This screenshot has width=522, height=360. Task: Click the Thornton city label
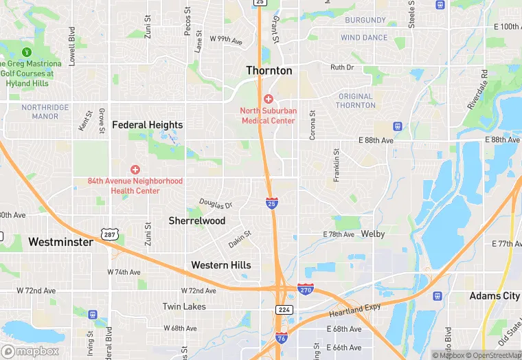[x=269, y=71]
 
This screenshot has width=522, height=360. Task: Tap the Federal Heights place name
[x=147, y=125]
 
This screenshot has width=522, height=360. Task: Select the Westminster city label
[x=60, y=242]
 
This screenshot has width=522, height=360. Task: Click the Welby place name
[x=373, y=234]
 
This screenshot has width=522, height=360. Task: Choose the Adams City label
[x=494, y=296]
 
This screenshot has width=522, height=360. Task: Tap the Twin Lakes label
[x=184, y=306]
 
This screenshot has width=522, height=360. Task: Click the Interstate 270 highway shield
[x=306, y=290]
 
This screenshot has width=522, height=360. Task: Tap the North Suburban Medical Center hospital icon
[x=269, y=99]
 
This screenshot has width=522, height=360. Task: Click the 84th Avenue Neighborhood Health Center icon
[x=135, y=169]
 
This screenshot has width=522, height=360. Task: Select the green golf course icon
[x=27, y=52]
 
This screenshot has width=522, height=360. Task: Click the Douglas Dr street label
[x=216, y=204]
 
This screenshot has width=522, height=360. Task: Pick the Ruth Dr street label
[x=341, y=67]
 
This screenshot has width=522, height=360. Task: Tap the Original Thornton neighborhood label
[x=356, y=101]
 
